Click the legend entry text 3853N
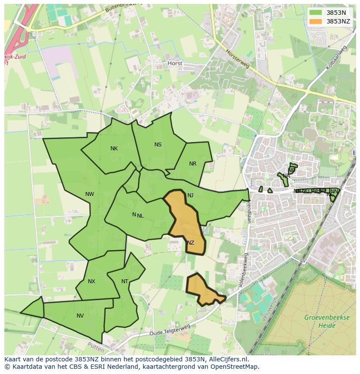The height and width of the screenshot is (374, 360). click(x=336, y=13)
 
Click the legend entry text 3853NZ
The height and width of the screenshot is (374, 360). click(x=338, y=21)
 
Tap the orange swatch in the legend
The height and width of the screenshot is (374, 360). click(x=316, y=21)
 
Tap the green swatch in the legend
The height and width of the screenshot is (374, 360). click(x=316, y=13)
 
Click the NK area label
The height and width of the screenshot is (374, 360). click(x=114, y=149)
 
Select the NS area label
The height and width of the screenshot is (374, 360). click(x=158, y=145)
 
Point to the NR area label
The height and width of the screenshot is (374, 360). click(x=193, y=164)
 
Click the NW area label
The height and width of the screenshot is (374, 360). click(x=90, y=194)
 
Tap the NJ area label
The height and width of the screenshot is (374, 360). click(x=190, y=195)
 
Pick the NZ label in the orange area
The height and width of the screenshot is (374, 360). click(x=190, y=243)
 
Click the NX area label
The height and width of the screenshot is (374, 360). click(x=91, y=281)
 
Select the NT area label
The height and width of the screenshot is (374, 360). click(x=125, y=281)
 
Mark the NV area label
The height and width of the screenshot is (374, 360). click(x=80, y=316)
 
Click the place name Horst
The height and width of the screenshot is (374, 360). click(x=175, y=63)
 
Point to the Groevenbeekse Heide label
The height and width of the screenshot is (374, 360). click(x=327, y=321)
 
